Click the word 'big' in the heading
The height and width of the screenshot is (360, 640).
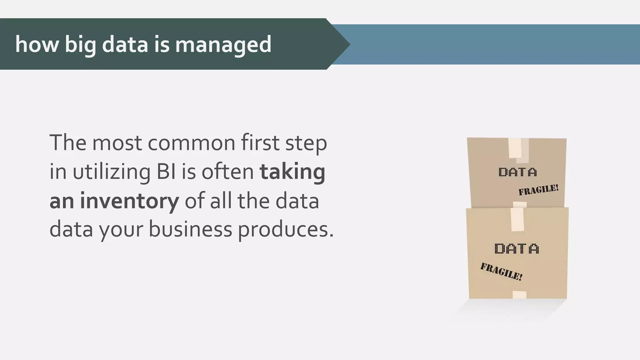click(x=81, y=44)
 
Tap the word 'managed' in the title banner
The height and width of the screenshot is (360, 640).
click(x=223, y=44)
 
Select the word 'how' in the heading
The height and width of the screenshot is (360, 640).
click(x=37, y=44)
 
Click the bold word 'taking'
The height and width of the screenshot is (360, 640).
click(x=292, y=172)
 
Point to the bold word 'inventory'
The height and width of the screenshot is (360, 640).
click(x=129, y=201)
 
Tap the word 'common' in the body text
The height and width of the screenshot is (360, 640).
click(x=191, y=143)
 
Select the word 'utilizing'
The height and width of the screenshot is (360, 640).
click(x=112, y=172)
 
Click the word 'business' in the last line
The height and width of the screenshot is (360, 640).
click(x=190, y=229)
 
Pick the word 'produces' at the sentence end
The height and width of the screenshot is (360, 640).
click(x=286, y=229)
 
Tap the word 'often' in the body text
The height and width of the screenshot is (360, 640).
click(x=227, y=172)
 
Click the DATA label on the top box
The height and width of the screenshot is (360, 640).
click(x=517, y=172)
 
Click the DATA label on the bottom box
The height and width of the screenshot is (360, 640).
click(x=517, y=249)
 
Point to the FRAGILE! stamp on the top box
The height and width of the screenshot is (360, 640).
click(x=538, y=190)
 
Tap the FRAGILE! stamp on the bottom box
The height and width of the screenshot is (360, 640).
click(x=501, y=272)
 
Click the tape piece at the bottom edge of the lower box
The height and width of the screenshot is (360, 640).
click(x=519, y=295)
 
